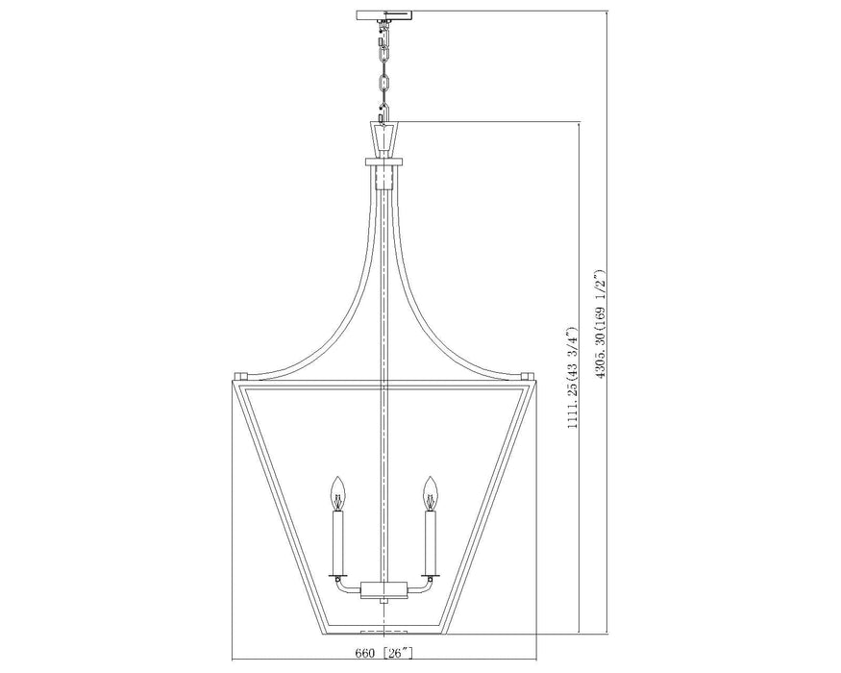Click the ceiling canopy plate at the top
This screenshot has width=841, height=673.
[x=384, y=16]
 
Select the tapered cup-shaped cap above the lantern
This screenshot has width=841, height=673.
[x=384, y=136]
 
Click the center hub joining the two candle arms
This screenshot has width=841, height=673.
[x=384, y=587]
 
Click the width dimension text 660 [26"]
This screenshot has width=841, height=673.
[x=384, y=655]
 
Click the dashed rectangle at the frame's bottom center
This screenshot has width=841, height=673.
[x=384, y=632]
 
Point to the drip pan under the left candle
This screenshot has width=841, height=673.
[x=337, y=576]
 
